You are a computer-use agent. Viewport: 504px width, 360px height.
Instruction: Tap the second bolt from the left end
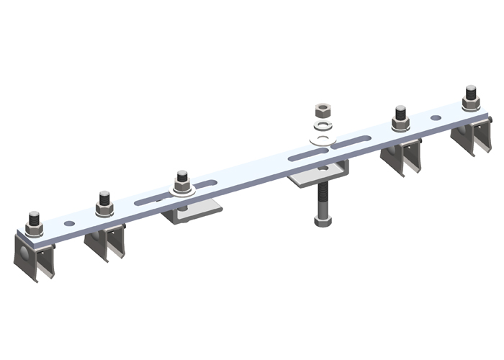(x=105, y=204)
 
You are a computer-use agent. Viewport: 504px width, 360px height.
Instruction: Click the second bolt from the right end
(x=400, y=117)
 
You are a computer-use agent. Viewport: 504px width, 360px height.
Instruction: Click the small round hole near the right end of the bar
(x=436, y=117)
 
